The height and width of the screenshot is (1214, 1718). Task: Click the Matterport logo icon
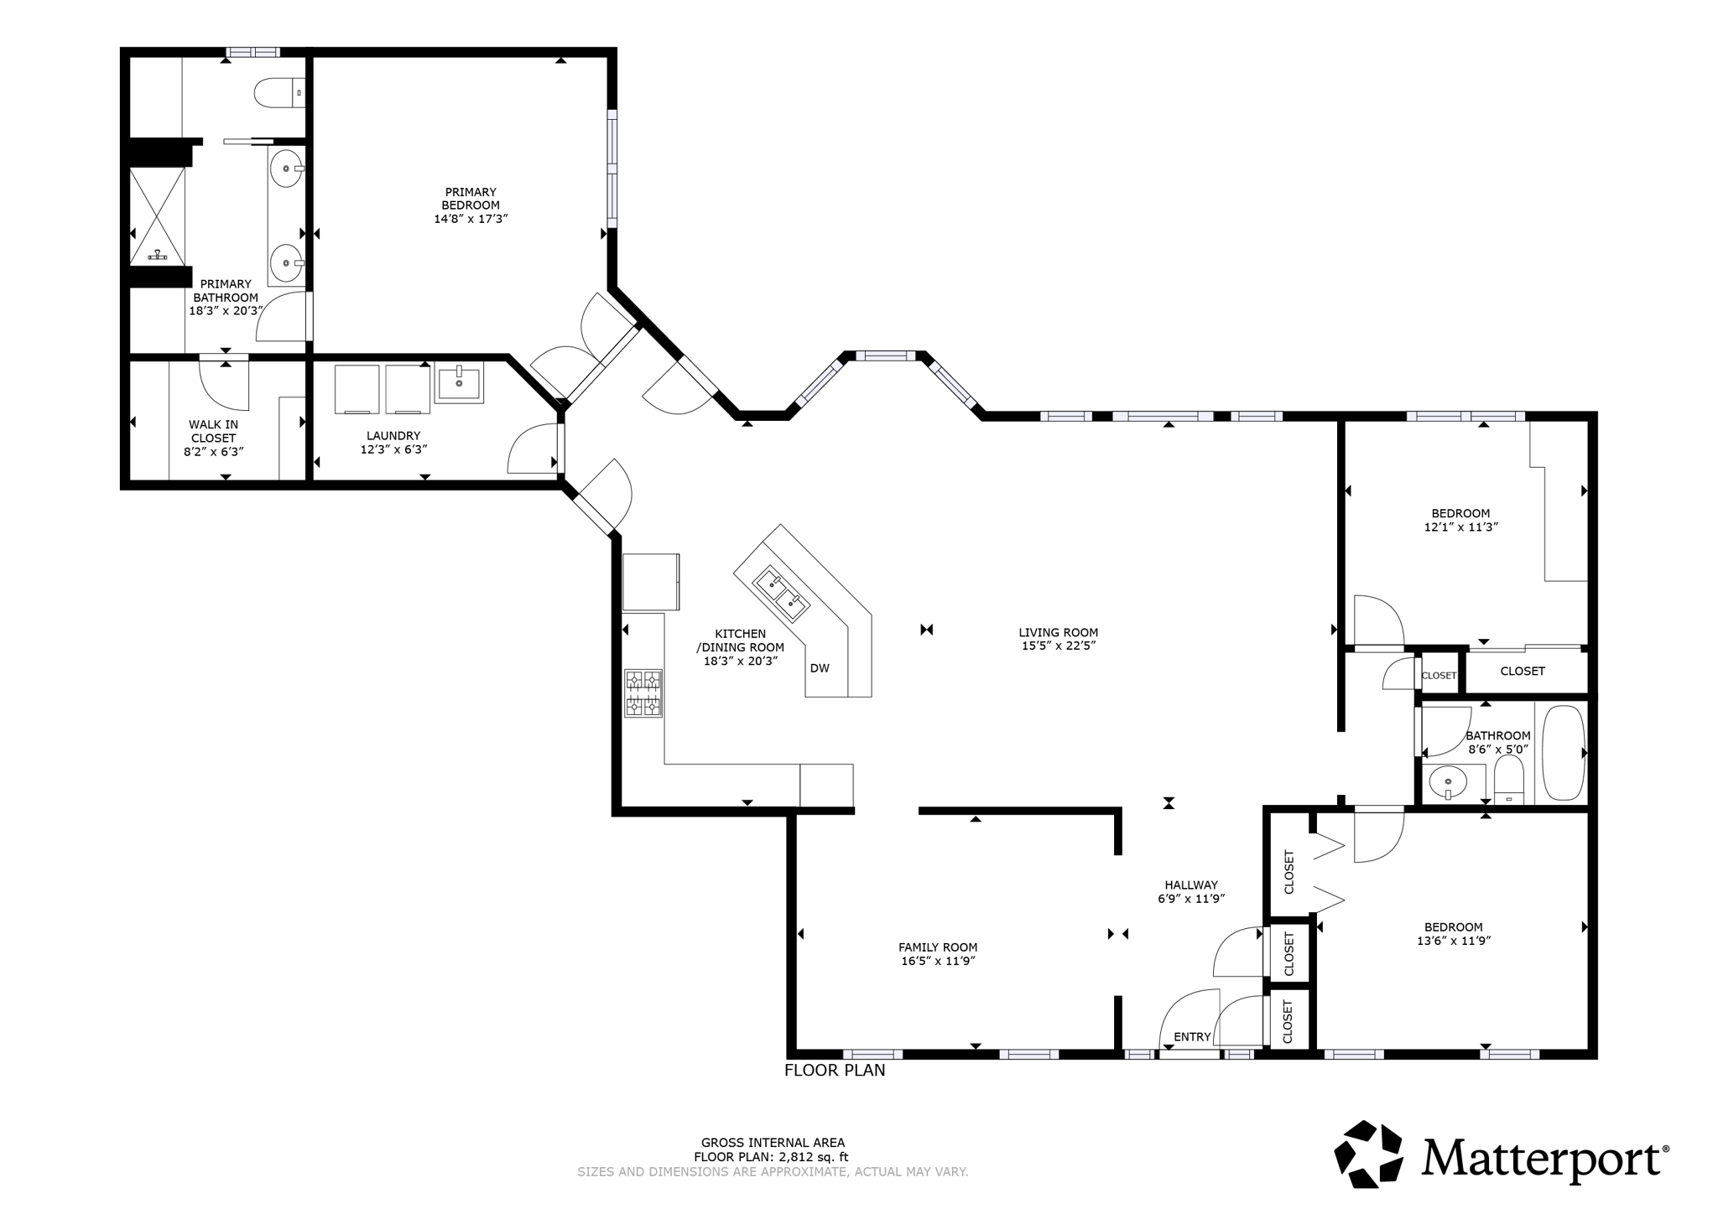[x=1369, y=1154]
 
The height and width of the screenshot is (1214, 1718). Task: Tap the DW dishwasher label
[x=820, y=668]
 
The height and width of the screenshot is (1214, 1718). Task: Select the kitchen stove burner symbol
[x=643, y=693]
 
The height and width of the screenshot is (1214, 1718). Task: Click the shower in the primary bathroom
[x=157, y=215]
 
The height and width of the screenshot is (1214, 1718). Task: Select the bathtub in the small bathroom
[x=1564, y=753]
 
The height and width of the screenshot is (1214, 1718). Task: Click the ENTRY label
[x=1192, y=1037]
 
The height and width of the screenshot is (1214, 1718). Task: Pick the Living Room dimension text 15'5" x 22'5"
[x=1059, y=646]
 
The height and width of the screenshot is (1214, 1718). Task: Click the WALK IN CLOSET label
[x=213, y=431]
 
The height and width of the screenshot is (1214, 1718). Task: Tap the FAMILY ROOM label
[x=938, y=947]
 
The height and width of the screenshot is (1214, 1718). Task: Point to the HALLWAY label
[x=1191, y=885]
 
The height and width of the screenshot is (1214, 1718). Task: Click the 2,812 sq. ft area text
[x=814, y=1157]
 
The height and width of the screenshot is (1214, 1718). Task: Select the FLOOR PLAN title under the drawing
[x=835, y=1071]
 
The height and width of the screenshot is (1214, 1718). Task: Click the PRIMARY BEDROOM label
[x=471, y=199]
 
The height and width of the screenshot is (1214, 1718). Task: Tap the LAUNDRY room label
[x=393, y=436]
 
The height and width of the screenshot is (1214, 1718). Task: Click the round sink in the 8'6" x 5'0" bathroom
[x=1449, y=783]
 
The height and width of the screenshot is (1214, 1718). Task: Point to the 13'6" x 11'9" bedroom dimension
[x=1454, y=941]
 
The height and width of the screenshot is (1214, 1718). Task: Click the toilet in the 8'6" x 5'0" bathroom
[x=1509, y=780]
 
